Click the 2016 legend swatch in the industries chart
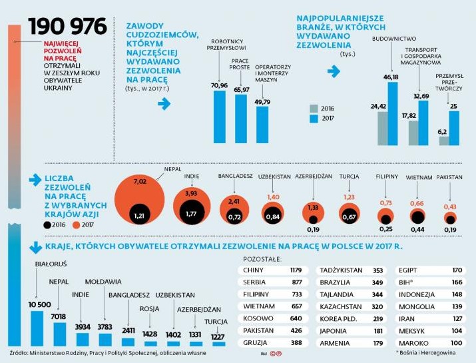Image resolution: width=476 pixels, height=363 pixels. (x=316, y=107)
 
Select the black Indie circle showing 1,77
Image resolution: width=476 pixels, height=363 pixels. (x=192, y=214)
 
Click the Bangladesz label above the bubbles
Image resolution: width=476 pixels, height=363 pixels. (x=235, y=176)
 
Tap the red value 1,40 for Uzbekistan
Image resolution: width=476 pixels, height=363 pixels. (x=273, y=197)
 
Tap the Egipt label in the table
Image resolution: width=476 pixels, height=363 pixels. (x=407, y=270)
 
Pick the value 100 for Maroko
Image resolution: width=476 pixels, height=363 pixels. (x=456, y=342)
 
